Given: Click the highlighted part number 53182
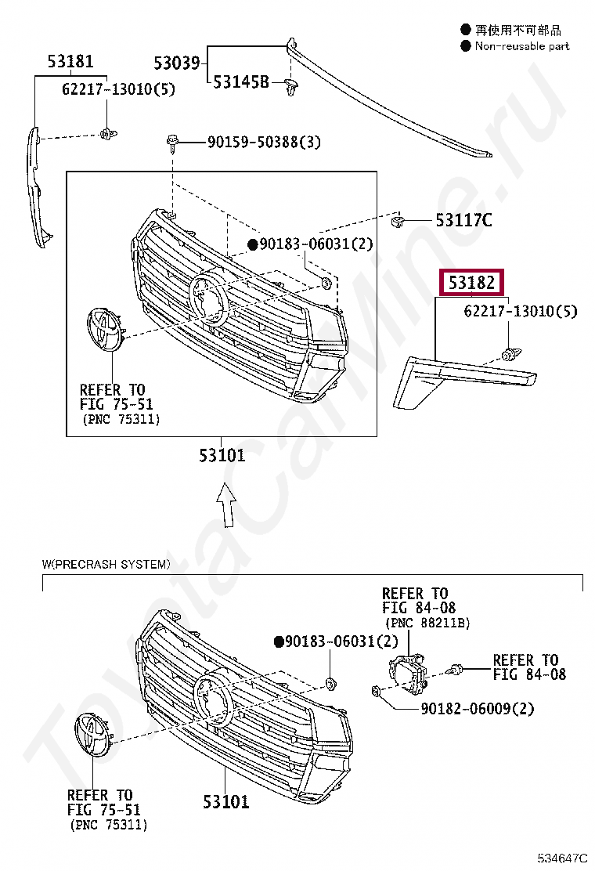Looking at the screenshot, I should click(x=471, y=282).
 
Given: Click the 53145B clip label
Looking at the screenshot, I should click(x=241, y=82).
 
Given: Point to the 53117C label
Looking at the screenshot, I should click(x=463, y=220).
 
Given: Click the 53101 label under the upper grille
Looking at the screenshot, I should click(x=222, y=455).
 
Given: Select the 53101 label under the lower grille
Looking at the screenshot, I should click(x=225, y=801).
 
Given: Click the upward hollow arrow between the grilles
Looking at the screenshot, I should click(x=225, y=505).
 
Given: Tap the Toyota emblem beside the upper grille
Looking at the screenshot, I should click(x=103, y=329).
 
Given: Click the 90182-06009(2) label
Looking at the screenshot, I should click(x=477, y=708).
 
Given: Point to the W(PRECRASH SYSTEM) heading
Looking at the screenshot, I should click(x=105, y=564).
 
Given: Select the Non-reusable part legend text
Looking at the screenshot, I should click(x=522, y=46).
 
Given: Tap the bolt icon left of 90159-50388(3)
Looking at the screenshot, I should click(x=173, y=142).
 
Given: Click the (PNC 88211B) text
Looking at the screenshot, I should click(x=426, y=623).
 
